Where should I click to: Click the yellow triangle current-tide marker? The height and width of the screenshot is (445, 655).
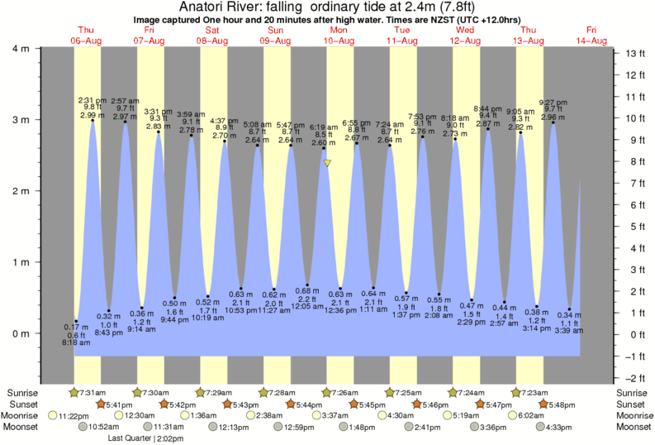328,163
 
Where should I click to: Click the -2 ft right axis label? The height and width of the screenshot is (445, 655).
634,377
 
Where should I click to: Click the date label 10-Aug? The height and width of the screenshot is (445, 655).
339,41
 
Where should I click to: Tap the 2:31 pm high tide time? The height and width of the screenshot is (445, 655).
92,101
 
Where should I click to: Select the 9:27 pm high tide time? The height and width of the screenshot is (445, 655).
552,103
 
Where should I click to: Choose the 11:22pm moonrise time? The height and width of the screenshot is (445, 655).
73,415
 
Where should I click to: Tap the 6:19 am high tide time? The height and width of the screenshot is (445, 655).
324,127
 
